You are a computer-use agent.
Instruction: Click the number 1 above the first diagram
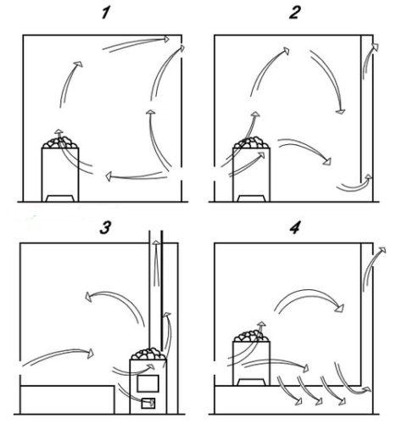[105, 13]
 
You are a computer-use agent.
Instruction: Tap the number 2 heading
[294, 13]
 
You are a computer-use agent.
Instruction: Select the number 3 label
[105, 228]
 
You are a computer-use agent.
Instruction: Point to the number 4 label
[295, 228]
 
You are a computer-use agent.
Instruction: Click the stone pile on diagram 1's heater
[60, 142]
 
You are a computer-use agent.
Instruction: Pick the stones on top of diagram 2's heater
[251, 142]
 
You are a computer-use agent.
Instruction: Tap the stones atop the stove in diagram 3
[148, 354]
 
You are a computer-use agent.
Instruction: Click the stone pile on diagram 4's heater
[251, 336]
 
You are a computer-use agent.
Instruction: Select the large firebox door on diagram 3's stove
[148, 383]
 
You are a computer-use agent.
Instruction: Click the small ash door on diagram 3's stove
[148, 403]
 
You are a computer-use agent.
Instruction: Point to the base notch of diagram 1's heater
[60, 198]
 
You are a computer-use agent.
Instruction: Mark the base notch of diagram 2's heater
[251, 198]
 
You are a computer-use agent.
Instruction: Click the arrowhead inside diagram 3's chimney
[156, 243]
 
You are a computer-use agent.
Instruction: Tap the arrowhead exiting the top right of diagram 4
[382, 249]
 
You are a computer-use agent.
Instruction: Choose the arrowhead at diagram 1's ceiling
[166, 39]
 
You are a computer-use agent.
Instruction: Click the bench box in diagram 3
[67, 399]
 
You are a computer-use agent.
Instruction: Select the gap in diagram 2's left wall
[215, 175]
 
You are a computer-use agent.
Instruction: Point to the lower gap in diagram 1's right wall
[181, 176]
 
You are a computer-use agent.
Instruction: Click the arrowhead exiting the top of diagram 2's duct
[375, 47]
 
